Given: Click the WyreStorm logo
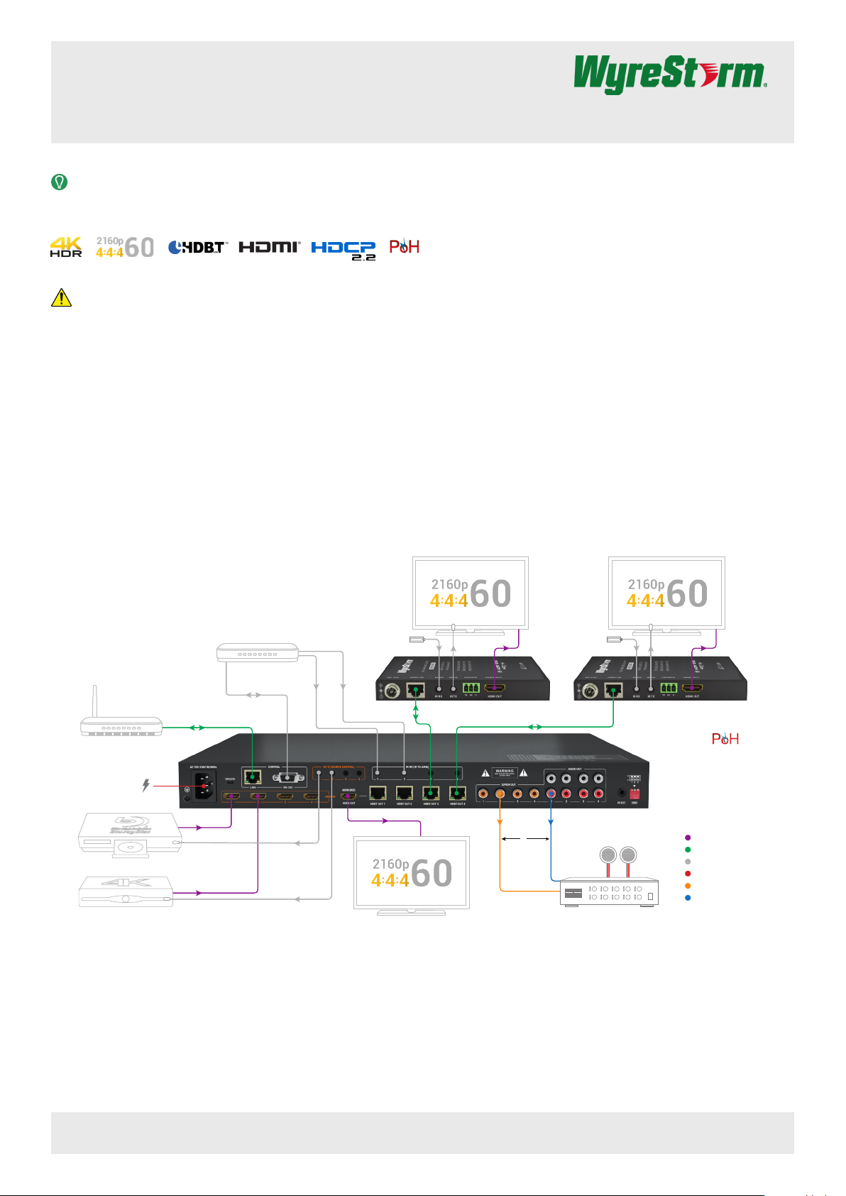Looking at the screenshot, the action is coord(670,75).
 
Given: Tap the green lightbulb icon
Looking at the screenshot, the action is coord(60,182).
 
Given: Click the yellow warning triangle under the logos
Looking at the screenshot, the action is coord(62,297).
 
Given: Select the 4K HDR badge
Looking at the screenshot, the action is coord(66,247).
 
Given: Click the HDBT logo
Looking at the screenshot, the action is coord(197,247).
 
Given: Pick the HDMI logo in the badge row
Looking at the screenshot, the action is coord(270,247).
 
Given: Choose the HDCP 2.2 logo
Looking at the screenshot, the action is coord(344,249).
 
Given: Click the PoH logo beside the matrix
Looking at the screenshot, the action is coord(725,739).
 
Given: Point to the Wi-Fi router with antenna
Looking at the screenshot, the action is coord(121,725).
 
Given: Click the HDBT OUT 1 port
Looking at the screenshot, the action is coord(378,793).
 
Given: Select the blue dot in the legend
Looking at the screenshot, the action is coord(687,898).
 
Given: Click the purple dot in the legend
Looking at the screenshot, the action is coord(687,838).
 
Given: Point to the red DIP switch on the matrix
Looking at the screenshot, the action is coord(634,794).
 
